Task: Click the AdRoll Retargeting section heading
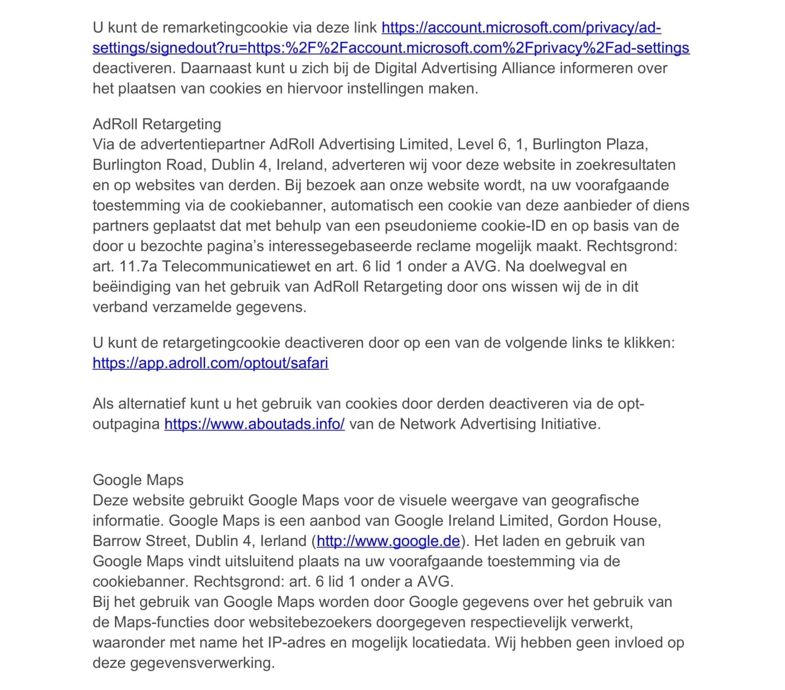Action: point(157,124)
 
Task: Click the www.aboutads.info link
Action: point(254,424)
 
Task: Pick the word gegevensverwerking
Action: point(202,663)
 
